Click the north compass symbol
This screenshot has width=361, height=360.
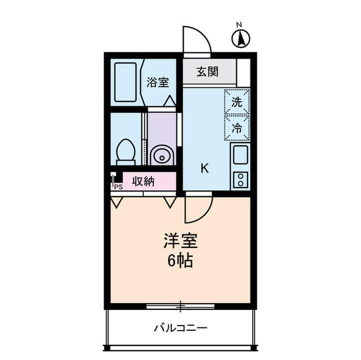point(241,38)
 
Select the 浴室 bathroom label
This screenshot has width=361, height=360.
point(157,82)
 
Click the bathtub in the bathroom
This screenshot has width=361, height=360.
point(125,82)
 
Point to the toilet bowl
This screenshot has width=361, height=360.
point(125,153)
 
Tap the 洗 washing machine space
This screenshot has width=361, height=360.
point(237,102)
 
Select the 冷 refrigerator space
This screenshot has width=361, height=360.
point(237,128)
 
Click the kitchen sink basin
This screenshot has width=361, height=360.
point(240,154)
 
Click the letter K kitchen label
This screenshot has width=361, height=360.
point(205,168)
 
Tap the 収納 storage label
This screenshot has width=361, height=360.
point(143,181)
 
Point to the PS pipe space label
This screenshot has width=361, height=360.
point(118,186)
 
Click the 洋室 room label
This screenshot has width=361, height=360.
point(180,242)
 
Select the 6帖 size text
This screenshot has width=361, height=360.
point(180,261)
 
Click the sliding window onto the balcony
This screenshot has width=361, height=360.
point(180,306)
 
